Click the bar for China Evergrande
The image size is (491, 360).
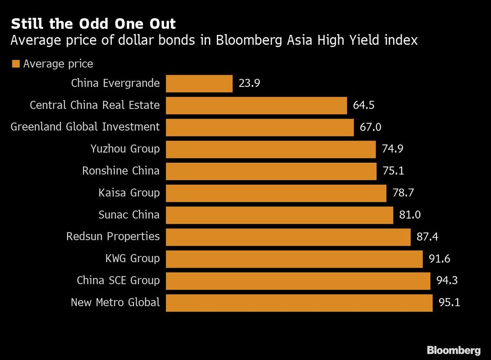(x=199, y=83)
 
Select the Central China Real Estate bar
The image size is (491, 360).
(x=256, y=105)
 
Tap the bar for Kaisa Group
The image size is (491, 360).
(x=276, y=193)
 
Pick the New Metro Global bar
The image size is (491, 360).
(x=299, y=303)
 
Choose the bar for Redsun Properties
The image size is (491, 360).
(x=288, y=237)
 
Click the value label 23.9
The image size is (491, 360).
(x=249, y=83)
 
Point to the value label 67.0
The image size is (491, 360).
(x=370, y=127)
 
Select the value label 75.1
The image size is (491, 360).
(x=393, y=171)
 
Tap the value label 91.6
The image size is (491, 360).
(x=439, y=259)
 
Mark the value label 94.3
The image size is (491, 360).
(x=447, y=281)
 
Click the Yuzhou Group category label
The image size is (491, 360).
(x=125, y=149)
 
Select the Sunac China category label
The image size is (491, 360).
(x=129, y=215)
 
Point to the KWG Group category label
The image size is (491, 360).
(x=132, y=258)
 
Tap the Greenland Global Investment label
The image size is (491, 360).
(x=85, y=127)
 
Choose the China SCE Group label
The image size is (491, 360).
(x=118, y=280)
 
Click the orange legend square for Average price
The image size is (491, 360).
(x=15, y=64)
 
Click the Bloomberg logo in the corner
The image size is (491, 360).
(x=453, y=350)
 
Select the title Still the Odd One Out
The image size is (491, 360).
(x=93, y=24)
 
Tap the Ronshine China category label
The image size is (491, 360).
(x=120, y=171)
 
